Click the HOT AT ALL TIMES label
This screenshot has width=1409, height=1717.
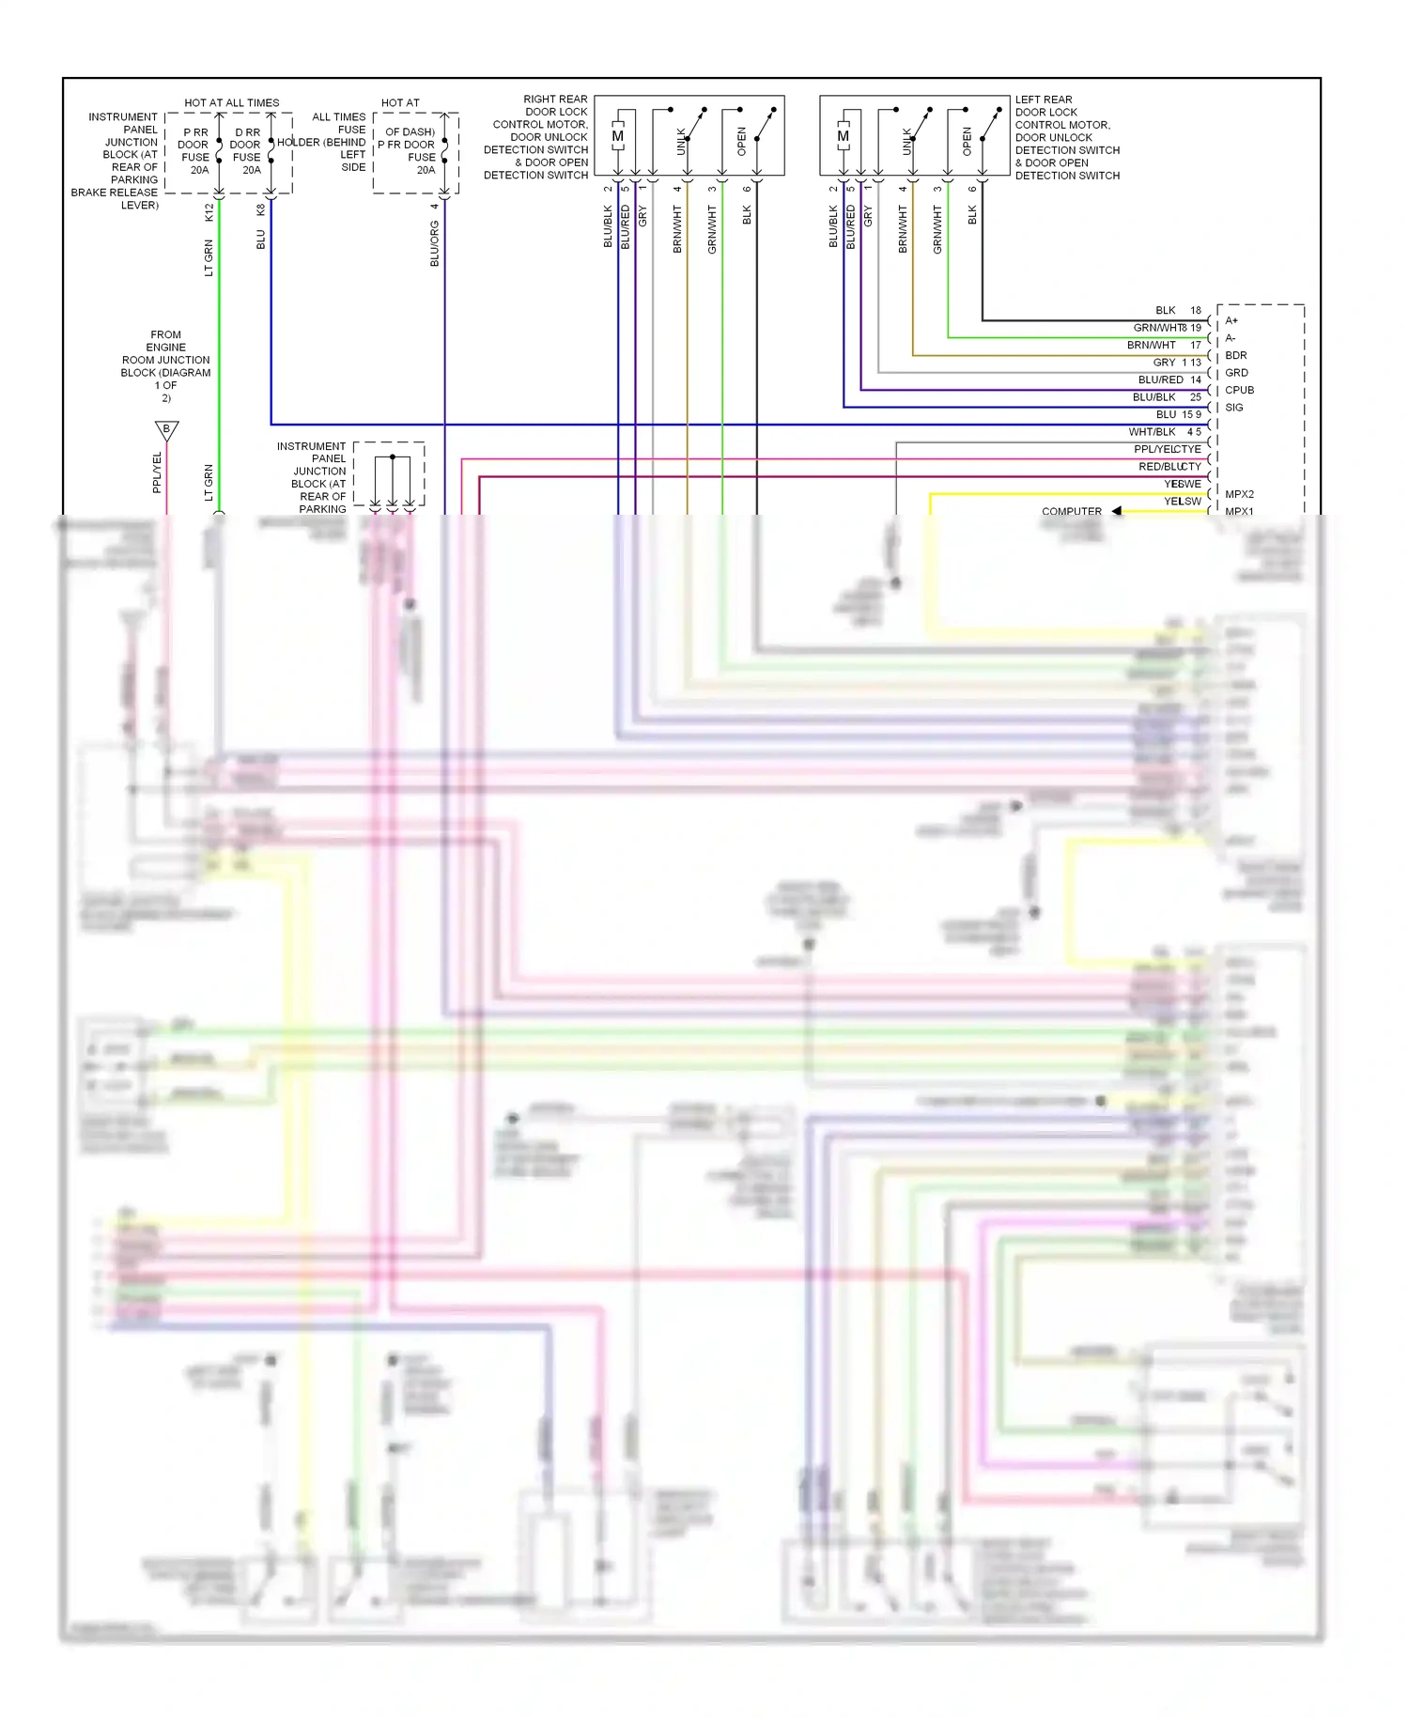point(231,102)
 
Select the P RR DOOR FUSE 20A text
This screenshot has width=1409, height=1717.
point(195,151)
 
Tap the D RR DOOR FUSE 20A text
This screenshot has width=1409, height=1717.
point(247,151)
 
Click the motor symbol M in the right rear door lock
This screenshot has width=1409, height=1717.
point(618,136)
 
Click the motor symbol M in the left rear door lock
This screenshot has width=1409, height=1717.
point(844,136)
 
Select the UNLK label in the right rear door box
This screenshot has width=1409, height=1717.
point(682,142)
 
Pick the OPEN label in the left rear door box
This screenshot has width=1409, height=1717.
point(967,142)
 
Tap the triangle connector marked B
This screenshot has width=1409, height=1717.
point(166,429)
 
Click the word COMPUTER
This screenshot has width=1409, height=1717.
point(1071,511)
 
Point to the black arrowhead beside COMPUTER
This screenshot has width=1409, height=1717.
point(1117,511)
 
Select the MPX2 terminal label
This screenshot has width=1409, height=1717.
point(1239,494)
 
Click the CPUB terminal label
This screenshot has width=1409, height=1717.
point(1239,390)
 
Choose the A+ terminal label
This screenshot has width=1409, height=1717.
point(1231,320)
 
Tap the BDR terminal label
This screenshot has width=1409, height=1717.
point(1236,355)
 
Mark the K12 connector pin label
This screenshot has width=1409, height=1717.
point(209,212)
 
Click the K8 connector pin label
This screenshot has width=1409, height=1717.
point(260,210)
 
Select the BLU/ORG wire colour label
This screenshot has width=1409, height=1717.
point(434,244)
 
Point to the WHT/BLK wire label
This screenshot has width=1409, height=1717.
point(1152,432)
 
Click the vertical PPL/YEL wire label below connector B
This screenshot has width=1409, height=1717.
point(157,472)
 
